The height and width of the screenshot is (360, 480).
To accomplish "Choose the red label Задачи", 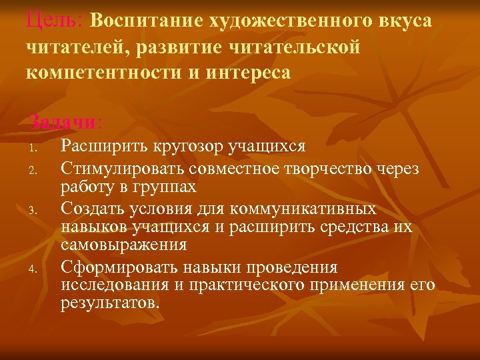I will pyautogui.click(x=64, y=123).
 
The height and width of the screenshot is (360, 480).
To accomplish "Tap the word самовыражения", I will pyautogui.click(x=124, y=244).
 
